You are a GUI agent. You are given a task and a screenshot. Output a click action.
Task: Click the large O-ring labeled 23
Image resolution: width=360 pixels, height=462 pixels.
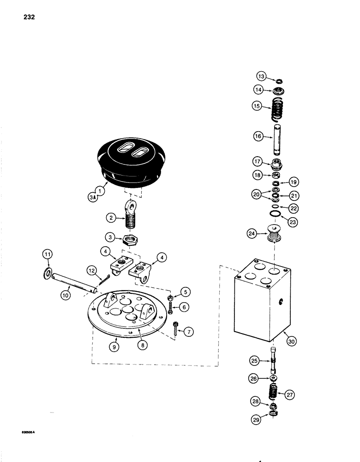click(275, 214)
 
